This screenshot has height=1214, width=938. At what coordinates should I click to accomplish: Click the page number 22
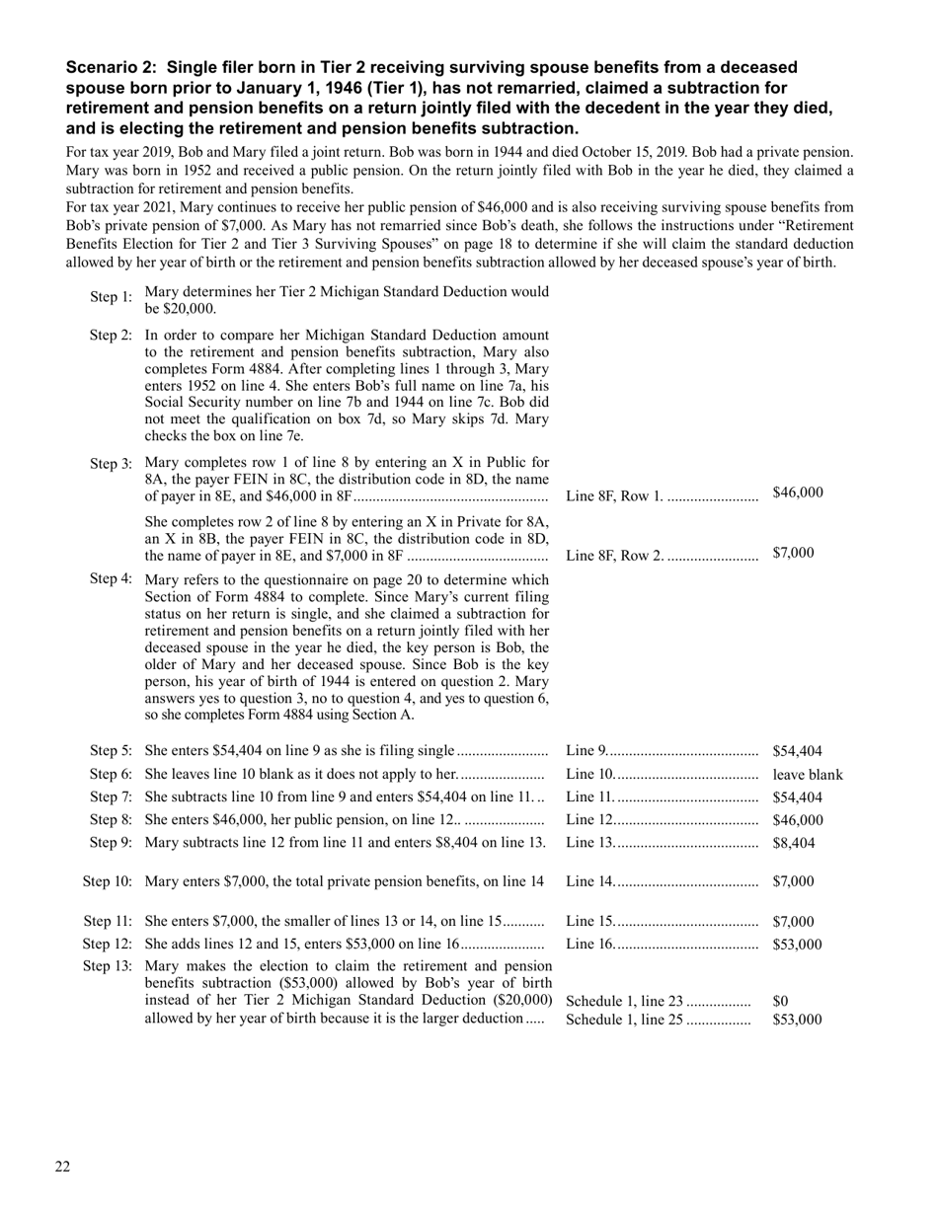[x=62, y=1168]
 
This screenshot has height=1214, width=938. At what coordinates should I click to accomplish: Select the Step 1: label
[x=111, y=297]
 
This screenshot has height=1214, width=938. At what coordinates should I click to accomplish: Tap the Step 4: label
[x=111, y=578]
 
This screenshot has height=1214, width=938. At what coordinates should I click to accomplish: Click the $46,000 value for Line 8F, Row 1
[x=798, y=493]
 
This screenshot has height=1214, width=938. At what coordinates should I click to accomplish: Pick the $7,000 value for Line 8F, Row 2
[x=794, y=553]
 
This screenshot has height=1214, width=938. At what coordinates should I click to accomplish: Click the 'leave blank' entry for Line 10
[x=808, y=775]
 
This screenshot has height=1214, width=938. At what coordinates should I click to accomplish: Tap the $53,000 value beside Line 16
[x=798, y=945]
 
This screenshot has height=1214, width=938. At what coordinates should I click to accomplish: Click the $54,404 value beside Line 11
[x=798, y=797]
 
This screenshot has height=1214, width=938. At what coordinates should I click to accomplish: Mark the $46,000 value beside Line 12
[x=798, y=820]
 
